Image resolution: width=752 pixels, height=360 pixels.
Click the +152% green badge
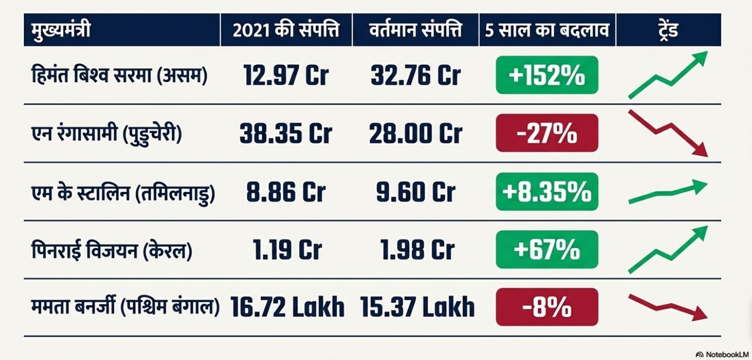pos(547,75)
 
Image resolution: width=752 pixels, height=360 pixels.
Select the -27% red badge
pos(547,133)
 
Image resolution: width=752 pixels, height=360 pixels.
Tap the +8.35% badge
pos(547,191)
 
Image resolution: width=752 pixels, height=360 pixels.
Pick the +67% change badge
pos(547,250)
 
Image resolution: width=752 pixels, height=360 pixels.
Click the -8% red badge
pos(547,307)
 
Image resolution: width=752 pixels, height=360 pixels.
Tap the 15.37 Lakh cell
pos(417,307)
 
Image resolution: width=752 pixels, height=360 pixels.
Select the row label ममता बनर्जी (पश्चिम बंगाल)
pos(125,307)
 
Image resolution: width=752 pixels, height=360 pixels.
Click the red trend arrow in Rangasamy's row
pos(667,133)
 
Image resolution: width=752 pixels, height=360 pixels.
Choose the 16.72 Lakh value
pos(287,307)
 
